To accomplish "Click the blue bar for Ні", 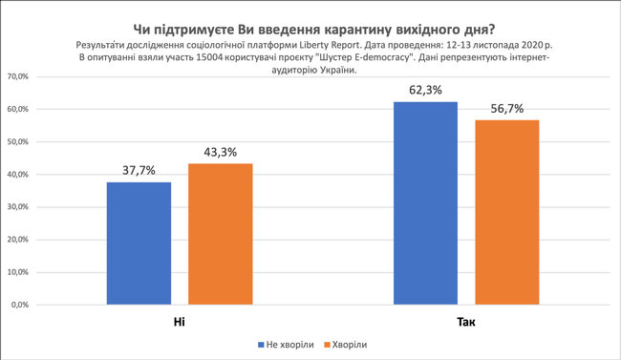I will (139, 244).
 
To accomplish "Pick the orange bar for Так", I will (506, 212).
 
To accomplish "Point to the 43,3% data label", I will (220, 151).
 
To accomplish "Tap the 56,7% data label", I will (506, 107).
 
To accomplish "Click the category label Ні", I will (179, 323).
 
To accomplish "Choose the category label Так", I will (465, 323).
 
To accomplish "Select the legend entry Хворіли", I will (349, 345).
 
